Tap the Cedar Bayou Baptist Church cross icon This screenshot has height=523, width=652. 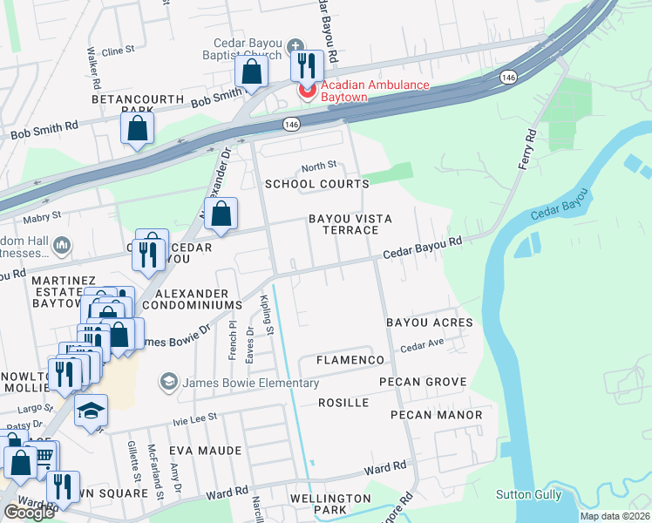[295, 45]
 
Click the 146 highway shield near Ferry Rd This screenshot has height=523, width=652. [507, 78]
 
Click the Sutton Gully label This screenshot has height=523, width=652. [527, 494]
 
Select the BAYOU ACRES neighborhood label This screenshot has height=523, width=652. [429, 323]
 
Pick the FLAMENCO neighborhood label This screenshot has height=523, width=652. [350, 360]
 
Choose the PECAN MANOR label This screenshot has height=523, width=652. [436, 415]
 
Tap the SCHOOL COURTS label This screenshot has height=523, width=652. [316, 184]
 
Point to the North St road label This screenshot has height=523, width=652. [318, 166]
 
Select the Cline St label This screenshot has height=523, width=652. [119, 51]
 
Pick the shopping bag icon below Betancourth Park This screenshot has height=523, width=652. [138, 128]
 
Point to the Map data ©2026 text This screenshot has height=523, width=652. [614, 516]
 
